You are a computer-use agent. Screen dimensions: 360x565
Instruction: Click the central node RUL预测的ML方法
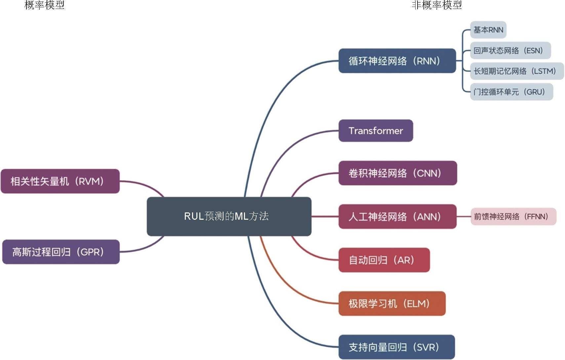229,216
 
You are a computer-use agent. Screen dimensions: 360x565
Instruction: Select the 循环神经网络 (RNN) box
397,61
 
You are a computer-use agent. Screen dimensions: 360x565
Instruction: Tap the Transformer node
376,131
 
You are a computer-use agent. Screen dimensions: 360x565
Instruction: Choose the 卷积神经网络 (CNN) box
397,173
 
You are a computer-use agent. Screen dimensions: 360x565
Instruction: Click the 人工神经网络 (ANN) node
397,217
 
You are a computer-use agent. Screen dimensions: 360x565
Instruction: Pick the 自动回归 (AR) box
384,260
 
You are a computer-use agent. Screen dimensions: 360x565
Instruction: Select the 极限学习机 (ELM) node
392,303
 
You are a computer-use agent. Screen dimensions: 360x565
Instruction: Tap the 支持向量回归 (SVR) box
396,347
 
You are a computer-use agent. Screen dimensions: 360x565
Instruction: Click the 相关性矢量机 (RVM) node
60,181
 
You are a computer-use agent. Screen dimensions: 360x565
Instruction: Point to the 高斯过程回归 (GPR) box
61,252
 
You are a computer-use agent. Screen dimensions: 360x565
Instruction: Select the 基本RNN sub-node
488,30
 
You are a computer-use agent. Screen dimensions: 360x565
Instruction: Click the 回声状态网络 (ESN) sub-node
510,51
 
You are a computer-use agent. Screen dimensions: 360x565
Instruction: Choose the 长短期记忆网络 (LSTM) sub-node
517,71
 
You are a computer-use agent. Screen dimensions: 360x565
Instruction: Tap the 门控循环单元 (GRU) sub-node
511,92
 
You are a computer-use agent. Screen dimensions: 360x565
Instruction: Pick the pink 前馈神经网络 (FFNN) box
513,217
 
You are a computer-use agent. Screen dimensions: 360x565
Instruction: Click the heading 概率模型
44,5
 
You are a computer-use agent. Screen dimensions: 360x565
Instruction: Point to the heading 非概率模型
436,5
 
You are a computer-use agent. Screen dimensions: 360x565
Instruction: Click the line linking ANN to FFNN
464,217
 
